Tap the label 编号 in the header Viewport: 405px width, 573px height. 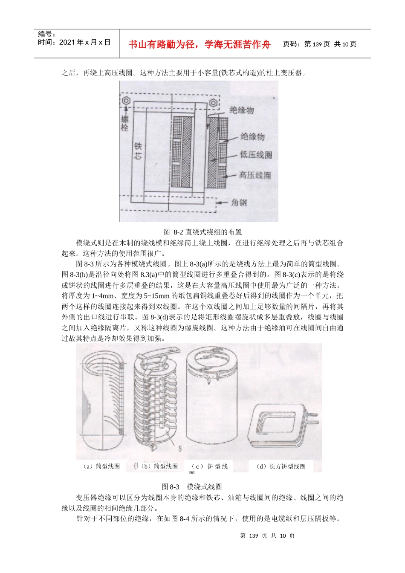(46, 34)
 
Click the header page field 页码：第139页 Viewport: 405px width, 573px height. (307, 44)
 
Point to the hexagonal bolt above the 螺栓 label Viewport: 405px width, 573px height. (126, 101)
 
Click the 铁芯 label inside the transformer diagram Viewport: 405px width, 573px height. (138, 151)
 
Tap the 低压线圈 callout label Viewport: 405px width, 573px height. (255, 155)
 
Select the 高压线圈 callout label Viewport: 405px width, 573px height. (255, 175)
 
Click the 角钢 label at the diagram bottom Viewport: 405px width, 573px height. (239, 202)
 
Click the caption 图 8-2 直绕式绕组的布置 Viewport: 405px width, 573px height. (202, 232)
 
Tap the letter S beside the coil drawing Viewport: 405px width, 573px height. (180, 448)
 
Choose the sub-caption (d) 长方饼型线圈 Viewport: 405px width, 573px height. (281, 466)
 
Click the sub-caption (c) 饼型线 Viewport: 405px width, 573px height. (210, 466)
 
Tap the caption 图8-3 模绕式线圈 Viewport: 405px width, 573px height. (192, 486)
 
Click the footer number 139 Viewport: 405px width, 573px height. (254, 535)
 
